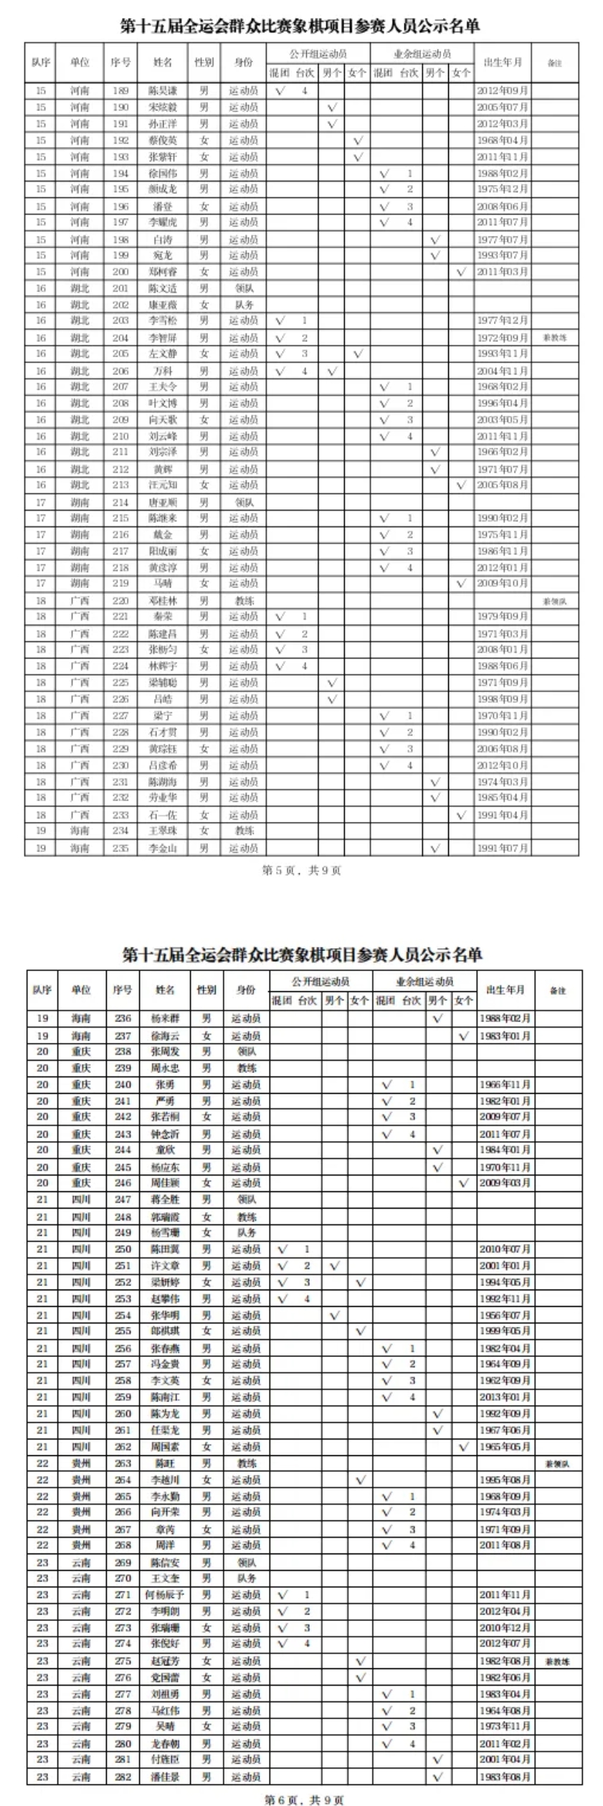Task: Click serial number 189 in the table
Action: pyautogui.click(x=120, y=91)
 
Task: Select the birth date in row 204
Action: pyautogui.click(x=503, y=338)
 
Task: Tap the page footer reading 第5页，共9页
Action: pyautogui.click(x=302, y=871)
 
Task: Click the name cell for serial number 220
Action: pyautogui.click(x=163, y=600)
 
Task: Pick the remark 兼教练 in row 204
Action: pyautogui.click(x=555, y=338)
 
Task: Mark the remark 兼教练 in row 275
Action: pyautogui.click(x=557, y=1661)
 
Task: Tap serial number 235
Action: pyautogui.click(x=120, y=848)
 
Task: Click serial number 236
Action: pyautogui.click(x=123, y=1018)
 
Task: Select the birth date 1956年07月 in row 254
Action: pyautogui.click(x=505, y=1315)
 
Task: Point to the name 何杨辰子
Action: pyautogui.click(x=165, y=1595)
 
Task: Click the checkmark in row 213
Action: pyautogui.click(x=461, y=486)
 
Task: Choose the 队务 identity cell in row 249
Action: pyautogui.click(x=245, y=1233)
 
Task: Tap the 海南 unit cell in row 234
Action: pyautogui.click(x=80, y=831)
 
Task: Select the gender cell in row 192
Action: pyautogui.click(x=204, y=141)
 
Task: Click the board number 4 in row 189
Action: pyautogui.click(x=305, y=91)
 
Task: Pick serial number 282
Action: pyautogui.click(x=123, y=1777)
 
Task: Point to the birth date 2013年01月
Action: pyautogui.click(x=505, y=1397)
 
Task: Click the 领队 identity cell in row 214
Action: pyautogui.click(x=244, y=503)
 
